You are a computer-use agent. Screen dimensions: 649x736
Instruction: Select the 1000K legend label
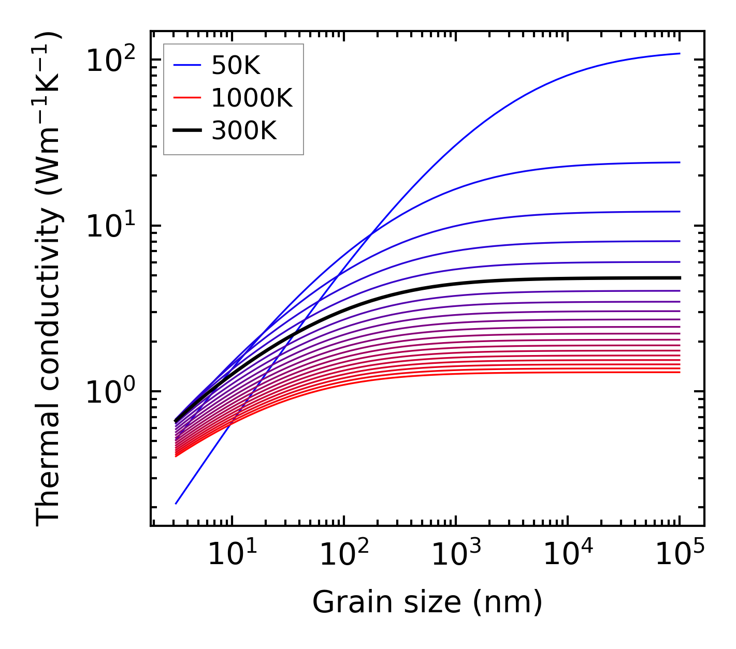click(252, 98)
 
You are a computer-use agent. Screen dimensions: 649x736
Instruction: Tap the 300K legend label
click(244, 131)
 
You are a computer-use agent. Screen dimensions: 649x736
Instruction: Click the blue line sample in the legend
click(186, 65)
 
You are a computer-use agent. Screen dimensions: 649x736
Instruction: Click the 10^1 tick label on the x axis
click(232, 555)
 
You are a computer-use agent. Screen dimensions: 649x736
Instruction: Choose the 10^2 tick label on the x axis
click(343, 555)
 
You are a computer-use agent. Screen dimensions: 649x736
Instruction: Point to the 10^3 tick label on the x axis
click(455, 555)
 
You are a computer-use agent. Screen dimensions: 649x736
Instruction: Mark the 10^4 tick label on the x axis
click(567, 555)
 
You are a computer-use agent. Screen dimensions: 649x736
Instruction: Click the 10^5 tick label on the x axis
click(679, 555)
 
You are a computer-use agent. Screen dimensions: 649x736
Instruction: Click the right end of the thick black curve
click(679, 278)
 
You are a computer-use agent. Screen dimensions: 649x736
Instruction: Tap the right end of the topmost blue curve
click(679, 53)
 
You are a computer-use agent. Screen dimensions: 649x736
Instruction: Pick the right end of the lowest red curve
click(679, 372)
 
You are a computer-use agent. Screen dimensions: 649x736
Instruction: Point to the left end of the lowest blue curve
click(176, 504)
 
